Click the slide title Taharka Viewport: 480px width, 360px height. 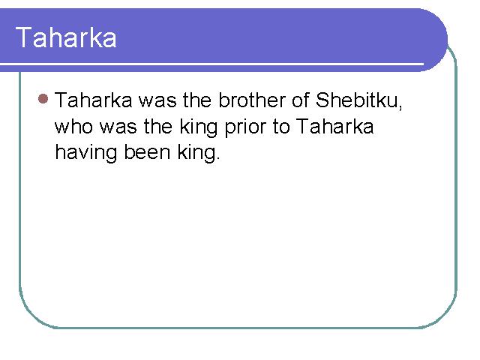tap(66, 37)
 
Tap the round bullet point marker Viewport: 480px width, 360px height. tap(43, 98)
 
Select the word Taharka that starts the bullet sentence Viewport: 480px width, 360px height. tap(94, 100)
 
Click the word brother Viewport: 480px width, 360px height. tap(252, 100)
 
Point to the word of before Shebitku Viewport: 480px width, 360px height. tap(300, 100)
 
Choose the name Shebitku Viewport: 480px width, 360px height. tap(356, 100)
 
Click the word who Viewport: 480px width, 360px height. tap(73, 126)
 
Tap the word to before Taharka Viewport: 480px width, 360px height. tap(281, 127)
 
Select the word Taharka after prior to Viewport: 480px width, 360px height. tap(335, 126)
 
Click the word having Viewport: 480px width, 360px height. tap(86, 154)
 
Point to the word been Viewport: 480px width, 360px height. tap(147, 152)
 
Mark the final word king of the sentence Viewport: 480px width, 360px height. tap(196, 154)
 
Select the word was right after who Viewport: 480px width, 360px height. tap(118, 127)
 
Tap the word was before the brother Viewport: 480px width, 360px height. tap(157, 100)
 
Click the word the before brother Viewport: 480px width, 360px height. tap(197, 100)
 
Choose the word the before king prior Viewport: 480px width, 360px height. tap(158, 126)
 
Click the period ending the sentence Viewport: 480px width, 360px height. tap(217, 158)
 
